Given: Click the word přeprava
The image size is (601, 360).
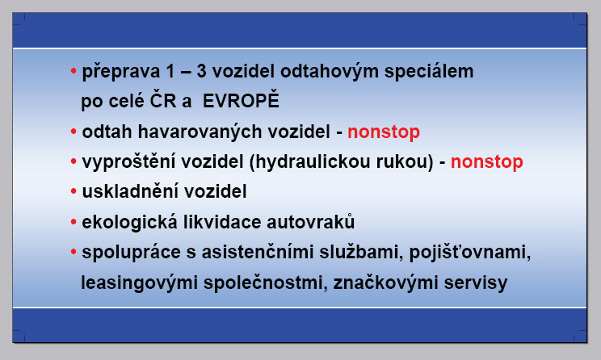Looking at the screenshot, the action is click(x=120, y=72).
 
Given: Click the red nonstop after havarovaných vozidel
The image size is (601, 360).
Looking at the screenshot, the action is click(x=384, y=132).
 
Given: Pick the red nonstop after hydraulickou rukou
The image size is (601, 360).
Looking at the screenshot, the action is click(x=487, y=162).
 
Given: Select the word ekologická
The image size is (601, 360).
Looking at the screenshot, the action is click(x=129, y=222).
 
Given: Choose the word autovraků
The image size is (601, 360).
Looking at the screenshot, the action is click(x=310, y=221).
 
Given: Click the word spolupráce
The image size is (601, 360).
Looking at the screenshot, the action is click(x=131, y=253).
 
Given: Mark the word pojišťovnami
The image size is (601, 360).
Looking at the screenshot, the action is click(x=470, y=253).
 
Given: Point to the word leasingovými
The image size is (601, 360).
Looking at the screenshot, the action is click(x=140, y=283).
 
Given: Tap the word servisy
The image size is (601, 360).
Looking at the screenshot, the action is click(x=476, y=283).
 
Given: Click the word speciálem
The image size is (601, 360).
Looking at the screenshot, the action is click(x=429, y=72).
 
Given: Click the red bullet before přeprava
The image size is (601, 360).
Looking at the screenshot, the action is click(x=74, y=71).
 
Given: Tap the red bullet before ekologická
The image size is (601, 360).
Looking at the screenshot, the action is click(x=74, y=222).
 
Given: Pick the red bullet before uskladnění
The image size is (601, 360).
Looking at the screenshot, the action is click(x=74, y=191).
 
